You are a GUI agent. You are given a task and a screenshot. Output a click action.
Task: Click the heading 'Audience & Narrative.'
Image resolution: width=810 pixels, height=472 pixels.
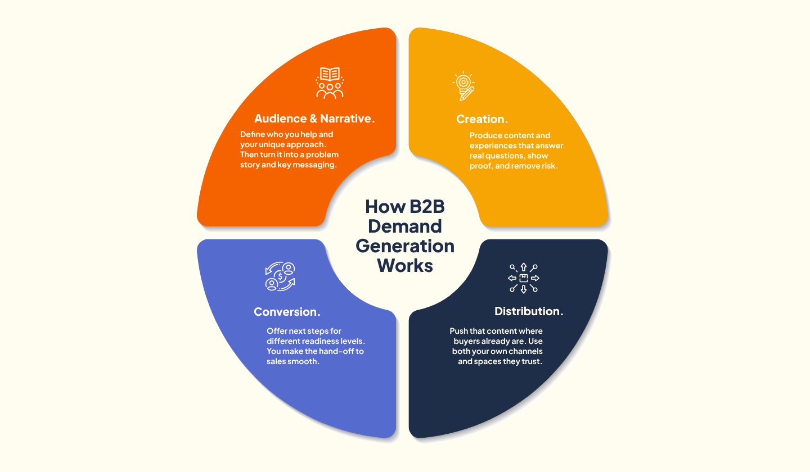[314, 119]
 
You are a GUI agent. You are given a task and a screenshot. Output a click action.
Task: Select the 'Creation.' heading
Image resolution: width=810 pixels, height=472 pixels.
[482, 119]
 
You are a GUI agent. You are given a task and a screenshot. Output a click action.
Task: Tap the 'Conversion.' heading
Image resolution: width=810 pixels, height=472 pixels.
[287, 311]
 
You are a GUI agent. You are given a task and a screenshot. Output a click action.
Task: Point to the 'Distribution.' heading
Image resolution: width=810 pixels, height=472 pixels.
[529, 311]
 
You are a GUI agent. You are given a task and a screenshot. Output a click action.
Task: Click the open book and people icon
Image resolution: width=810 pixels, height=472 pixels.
[330, 83]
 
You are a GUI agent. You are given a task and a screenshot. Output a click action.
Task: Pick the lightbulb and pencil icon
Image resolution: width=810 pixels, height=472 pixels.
[464, 87]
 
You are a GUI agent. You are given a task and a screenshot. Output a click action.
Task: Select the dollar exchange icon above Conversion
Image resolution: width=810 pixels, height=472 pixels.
[280, 277]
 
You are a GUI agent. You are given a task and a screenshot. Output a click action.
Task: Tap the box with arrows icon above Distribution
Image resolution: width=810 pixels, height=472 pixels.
[523, 278]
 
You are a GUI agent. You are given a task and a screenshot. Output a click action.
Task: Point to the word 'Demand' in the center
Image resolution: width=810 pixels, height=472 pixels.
[405, 226]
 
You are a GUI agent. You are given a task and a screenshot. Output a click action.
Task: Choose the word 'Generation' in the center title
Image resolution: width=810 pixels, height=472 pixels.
[405, 246]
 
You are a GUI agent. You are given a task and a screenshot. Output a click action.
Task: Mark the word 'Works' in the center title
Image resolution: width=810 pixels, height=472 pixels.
[405, 265]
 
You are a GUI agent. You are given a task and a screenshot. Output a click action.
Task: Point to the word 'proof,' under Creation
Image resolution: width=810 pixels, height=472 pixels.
[481, 166]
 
